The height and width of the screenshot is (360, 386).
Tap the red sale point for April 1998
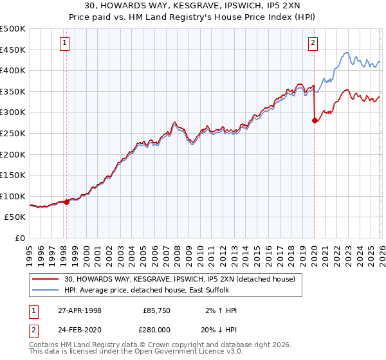click(67, 202)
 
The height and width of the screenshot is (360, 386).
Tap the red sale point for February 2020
click(315, 120)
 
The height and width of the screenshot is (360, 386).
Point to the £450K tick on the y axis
click(13, 50)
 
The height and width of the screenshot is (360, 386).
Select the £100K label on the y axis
click(13, 196)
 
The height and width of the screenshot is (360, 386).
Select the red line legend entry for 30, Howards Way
click(179, 279)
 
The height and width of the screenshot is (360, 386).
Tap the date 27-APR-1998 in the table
click(79, 310)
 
